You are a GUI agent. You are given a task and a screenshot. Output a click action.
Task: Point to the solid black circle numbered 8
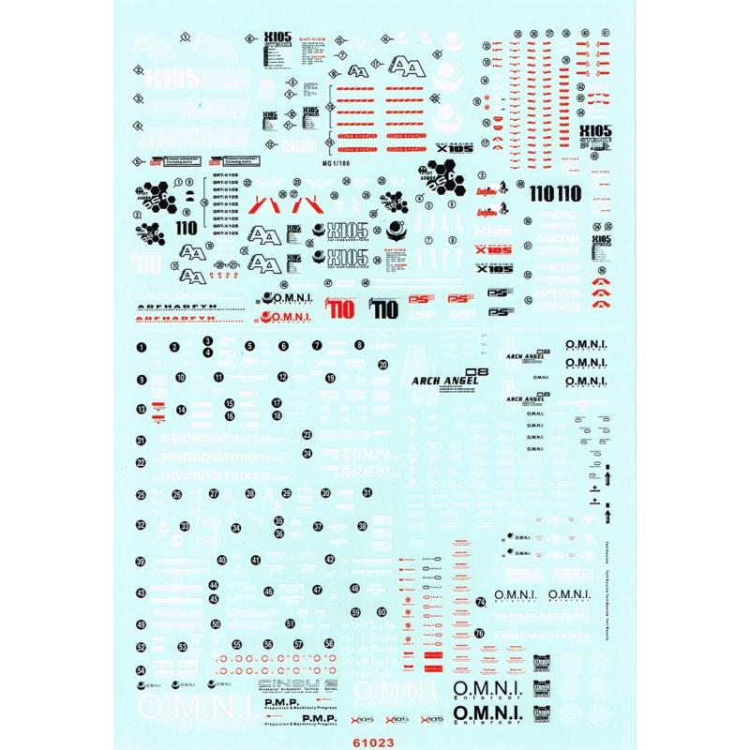click(359, 346)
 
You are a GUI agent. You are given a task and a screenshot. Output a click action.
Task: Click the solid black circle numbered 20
click(382, 365)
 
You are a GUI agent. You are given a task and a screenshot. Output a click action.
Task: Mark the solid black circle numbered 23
click(307, 434)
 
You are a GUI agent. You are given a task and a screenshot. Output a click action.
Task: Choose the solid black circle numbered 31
click(367, 492)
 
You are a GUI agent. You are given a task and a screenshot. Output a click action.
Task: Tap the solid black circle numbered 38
click(362, 527)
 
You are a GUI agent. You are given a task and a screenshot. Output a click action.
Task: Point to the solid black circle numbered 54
click(141, 670)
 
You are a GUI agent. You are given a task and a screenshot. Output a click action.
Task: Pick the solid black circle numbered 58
click(329, 644)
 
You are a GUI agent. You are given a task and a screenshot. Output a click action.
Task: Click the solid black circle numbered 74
click(480, 601)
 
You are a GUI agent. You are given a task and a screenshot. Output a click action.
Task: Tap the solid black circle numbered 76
click(480, 633)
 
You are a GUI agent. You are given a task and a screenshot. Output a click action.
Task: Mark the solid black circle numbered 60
click(382, 612)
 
